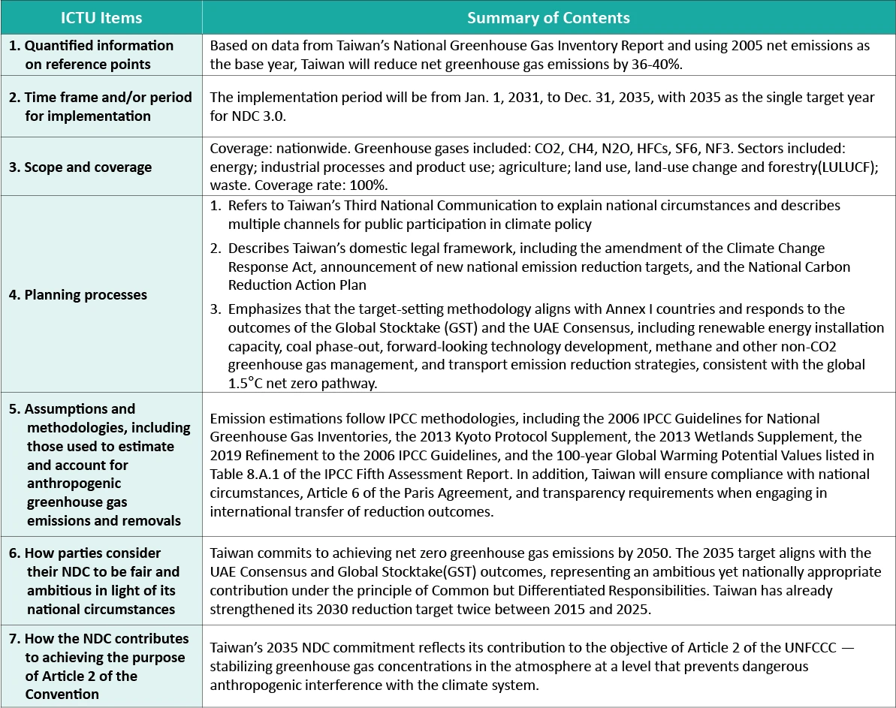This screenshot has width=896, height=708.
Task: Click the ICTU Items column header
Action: point(101,17)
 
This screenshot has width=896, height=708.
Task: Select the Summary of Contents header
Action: point(548,17)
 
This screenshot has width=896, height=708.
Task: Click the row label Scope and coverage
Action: point(80,167)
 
